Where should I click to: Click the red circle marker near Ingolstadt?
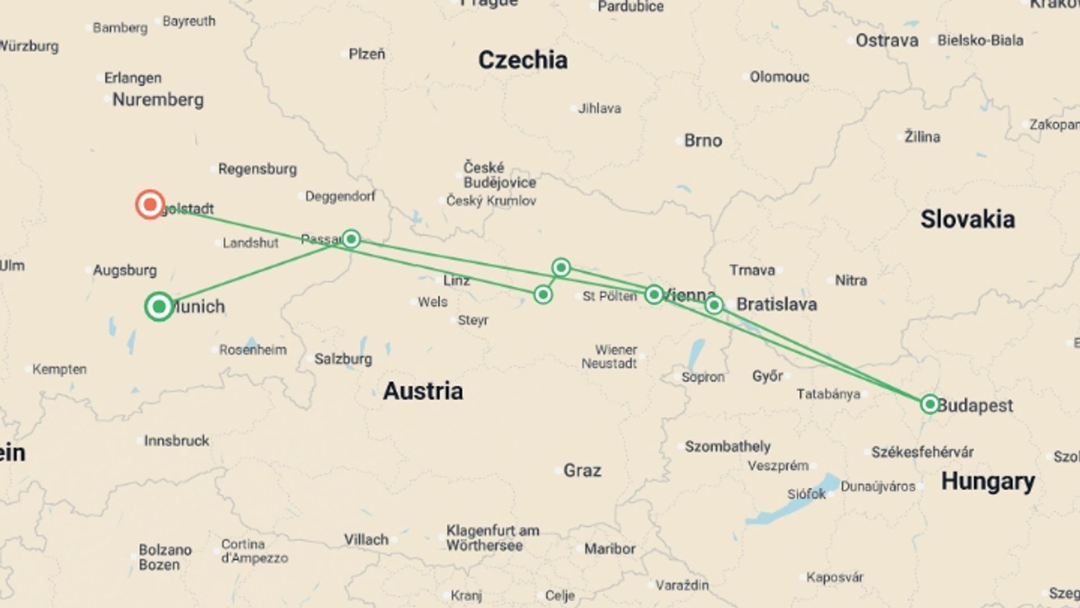(x=150, y=204)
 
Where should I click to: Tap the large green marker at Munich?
(x=159, y=307)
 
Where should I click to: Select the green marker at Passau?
(x=351, y=239)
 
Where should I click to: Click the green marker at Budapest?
(x=929, y=404)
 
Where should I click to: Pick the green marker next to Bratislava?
(x=714, y=305)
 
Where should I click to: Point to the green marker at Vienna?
(x=654, y=294)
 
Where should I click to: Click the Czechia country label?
(x=523, y=60)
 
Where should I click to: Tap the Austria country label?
(x=423, y=391)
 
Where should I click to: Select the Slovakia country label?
(x=967, y=220)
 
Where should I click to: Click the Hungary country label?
(x=988, y=481)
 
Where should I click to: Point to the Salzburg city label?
(x=343, y=359)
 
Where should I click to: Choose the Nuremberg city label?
(x=158, y=100)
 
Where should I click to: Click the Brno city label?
(x=703, y=141)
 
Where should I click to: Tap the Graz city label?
(x=582, y=470)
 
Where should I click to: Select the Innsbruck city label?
(x=176, y=441)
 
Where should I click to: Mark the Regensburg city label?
(x=257, y=169)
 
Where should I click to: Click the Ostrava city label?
(x=886, y=41)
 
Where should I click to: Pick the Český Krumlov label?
(x=491, y=201)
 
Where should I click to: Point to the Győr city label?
(x=767, y=376)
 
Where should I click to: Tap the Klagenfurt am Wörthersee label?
(x=492, y=538)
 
